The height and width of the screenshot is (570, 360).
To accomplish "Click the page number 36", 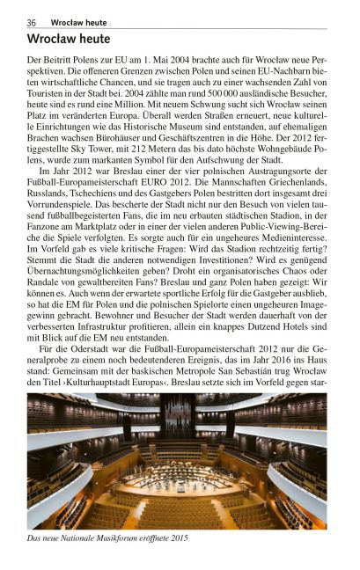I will point(32,21).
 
